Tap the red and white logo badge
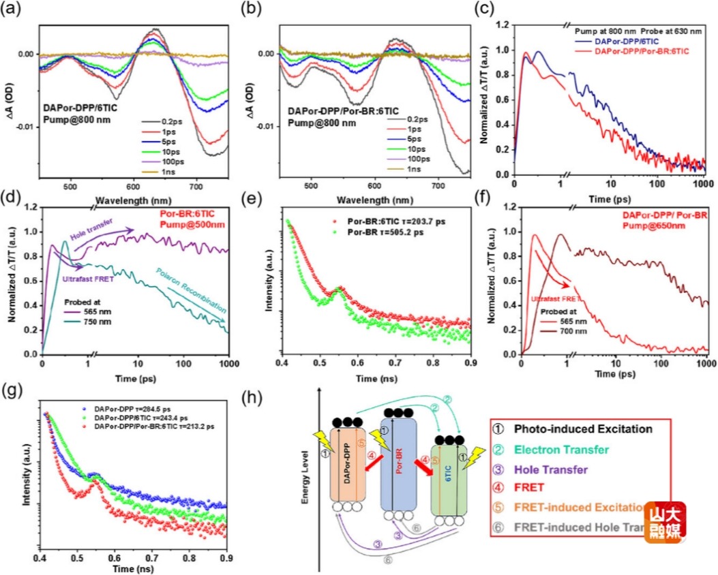coord(666,523)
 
